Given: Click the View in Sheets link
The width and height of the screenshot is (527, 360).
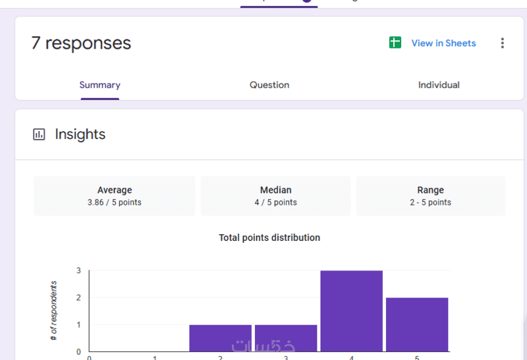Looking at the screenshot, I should pyautogui.click(x=443, y=43).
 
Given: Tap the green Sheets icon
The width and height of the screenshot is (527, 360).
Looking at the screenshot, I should pyautogui.click(x=395, y=43).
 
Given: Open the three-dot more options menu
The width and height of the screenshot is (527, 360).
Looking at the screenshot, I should pyautogui.click(x=502, y=43).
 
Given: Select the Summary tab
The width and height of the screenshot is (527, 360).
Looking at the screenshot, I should pyautogui.click(x=99, y=85).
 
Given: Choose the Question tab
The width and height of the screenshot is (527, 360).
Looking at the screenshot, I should pyautogui.click(x=269, y=85).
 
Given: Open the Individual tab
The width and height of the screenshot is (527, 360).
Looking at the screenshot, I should pyautogui.click(x=439, y=85).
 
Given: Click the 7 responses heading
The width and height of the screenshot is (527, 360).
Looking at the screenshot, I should pyautogui.click(x=81, y=43).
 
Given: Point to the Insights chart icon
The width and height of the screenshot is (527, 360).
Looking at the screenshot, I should pyautogui.click(x=40, y=134).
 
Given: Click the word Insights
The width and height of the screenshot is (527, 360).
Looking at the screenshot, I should pyautogui.click(x=80, y=134).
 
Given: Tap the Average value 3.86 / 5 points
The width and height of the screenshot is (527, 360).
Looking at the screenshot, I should pyautogui.click(x=115, y=203).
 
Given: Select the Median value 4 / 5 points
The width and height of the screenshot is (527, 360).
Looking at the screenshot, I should pyautogui.click(x=275, y=203).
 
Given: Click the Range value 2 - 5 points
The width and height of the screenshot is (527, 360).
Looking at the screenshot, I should pyautogui.click(x=430, y=203).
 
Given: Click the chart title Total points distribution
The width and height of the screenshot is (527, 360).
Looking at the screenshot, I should pyautogui.click(x=269, y=238).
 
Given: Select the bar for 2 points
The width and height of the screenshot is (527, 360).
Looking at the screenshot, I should pyautogui.click(x=220, y=338).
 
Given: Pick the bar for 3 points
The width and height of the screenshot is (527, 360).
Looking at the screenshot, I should pyautogui.click(x=286, y=338).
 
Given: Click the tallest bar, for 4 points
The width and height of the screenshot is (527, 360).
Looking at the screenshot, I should pyautogui.click(x=352, y=311).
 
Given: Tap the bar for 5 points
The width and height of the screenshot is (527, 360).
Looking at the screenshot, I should pyautogui.click(x=417, y=324).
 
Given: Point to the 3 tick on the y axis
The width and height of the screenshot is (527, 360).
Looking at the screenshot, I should pyautogui.click(x=78, y=270).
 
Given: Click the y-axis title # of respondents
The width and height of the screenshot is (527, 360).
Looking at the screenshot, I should pyautogui.click(x=54, y=311).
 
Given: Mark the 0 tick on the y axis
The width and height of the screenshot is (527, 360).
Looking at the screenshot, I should pyautogui.click(x=78, y=351).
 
